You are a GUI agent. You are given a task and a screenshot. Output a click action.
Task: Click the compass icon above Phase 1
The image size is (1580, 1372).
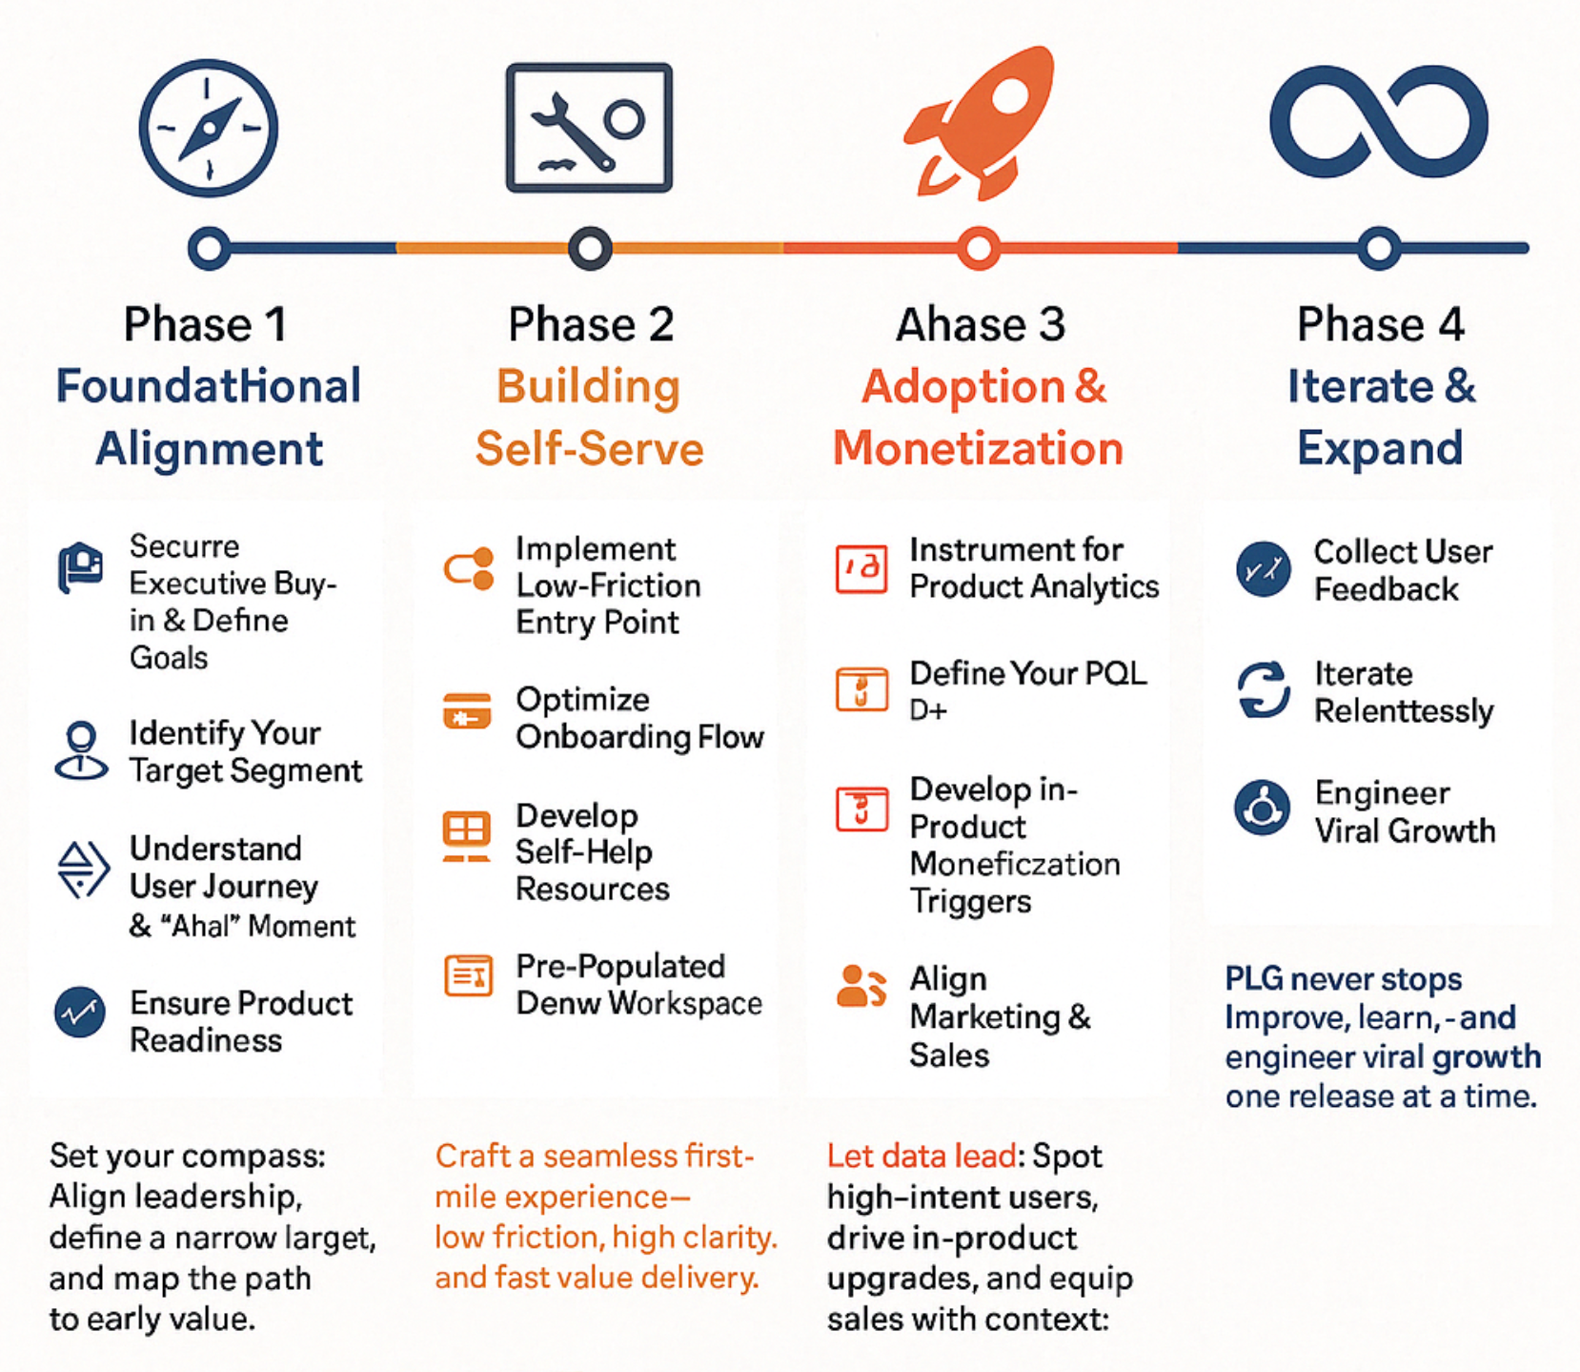click(209, 129)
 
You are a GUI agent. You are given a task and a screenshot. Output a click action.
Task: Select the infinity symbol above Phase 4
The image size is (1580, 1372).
click(1379, 122)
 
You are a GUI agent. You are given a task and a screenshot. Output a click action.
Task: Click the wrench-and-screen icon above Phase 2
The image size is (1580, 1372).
click(589, 128)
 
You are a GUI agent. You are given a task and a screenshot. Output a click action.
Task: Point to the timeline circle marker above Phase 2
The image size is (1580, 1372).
click(590, 249)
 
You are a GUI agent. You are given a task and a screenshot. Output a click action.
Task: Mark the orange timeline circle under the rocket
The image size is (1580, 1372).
click(979, 249)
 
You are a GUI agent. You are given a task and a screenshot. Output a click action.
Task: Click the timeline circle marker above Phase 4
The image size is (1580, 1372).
click(1379, 249)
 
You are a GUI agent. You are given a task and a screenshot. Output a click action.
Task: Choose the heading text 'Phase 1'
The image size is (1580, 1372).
click(206, 324)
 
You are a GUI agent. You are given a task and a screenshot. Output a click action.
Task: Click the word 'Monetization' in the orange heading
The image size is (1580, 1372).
click(979, 448)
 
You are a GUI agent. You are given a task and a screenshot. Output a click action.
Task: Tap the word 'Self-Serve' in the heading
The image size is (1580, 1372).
click(590, 448)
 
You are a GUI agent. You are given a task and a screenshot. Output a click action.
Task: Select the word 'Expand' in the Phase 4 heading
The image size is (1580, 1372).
click(1380, 448)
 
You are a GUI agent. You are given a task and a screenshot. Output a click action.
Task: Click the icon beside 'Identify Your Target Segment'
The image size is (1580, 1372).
click(82, 751)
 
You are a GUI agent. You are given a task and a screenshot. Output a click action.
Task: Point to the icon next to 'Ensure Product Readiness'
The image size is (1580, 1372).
click(80, 1013)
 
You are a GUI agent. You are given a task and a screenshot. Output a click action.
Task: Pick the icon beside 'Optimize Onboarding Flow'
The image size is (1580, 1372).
click(467, 711)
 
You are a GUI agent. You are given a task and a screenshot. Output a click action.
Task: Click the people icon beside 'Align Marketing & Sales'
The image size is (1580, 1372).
click(861, 987)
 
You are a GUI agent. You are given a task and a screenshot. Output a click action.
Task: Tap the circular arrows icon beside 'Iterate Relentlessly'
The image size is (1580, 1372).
click(1264, 689)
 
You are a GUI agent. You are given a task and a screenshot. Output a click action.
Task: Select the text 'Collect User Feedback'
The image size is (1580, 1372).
click(1403, 570)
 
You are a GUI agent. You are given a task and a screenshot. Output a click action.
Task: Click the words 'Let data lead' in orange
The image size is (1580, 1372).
click(922, 1156)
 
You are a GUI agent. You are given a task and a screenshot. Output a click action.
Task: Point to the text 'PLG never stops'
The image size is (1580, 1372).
click(1344, 979)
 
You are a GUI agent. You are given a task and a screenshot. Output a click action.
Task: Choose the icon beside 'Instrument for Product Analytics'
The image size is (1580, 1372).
click(861, 569)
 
